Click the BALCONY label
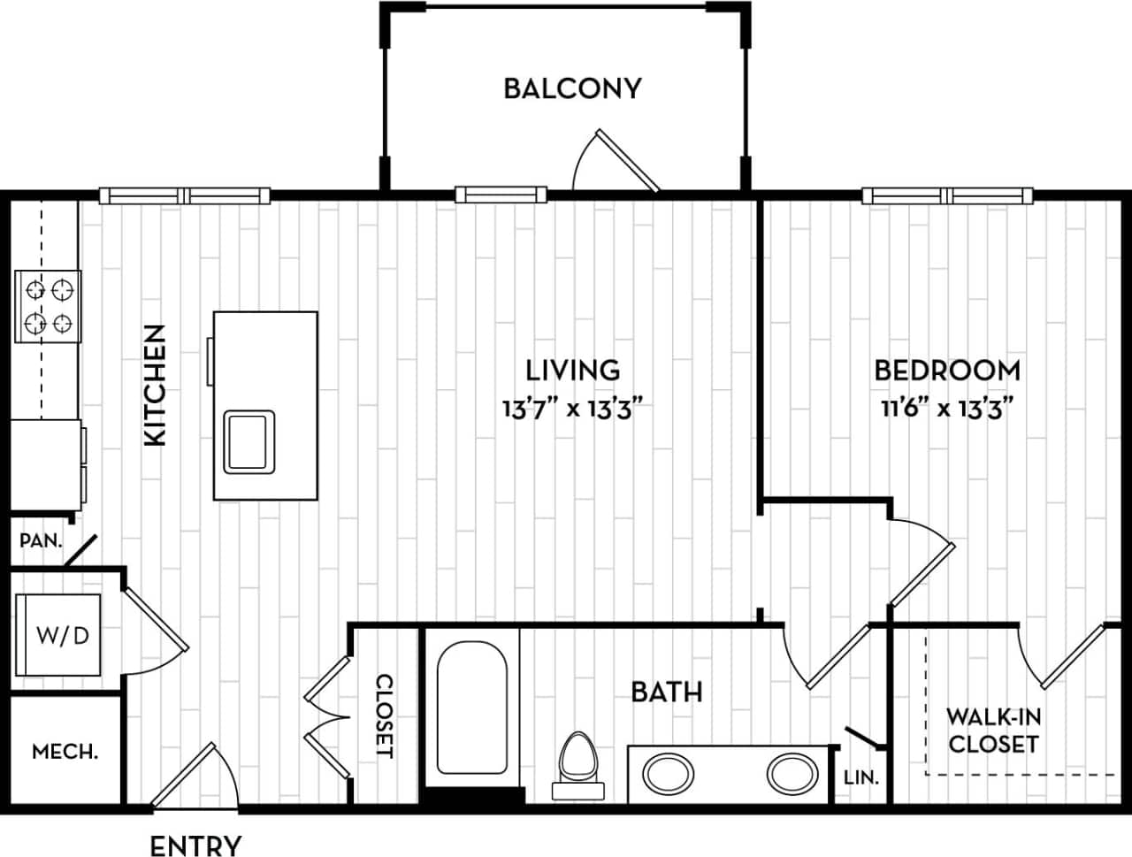coord(571,88)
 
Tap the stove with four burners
coord(48,306)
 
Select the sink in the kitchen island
coord(249,440)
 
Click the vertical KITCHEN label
coord(155,385)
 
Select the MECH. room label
coord(65,752)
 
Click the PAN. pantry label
coord(41,539)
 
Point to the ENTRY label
coord(195,845)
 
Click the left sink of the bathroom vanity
coord(668,774)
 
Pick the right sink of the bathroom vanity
coord(792,774)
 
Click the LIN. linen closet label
coord(860,778)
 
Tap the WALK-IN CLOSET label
coord(993,731)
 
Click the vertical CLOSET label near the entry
coord(385,715)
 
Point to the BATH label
coord(667,692)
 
